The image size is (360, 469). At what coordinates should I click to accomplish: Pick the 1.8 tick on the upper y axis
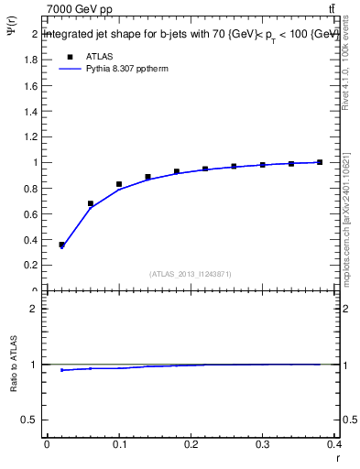(30, 60)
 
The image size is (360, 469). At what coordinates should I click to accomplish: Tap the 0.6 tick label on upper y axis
(30, 213)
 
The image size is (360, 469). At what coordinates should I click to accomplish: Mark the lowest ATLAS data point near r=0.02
(62, 245)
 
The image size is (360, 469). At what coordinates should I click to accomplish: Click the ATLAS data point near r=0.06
(91, 203)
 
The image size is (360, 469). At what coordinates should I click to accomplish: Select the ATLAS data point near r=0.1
(119, 184)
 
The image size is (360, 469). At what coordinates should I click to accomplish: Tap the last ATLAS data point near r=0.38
(320, 162)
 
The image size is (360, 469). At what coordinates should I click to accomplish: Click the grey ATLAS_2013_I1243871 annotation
(191, 274)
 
